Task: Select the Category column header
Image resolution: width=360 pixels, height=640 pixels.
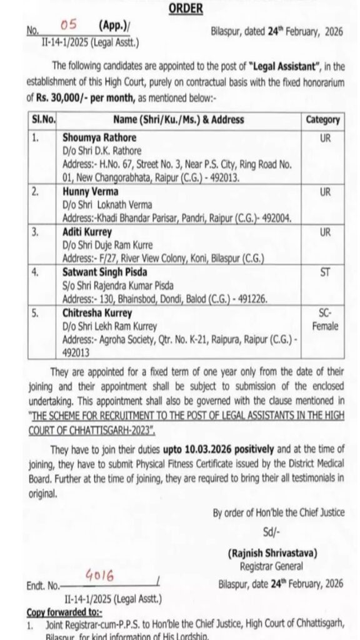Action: [x=322, y=120]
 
